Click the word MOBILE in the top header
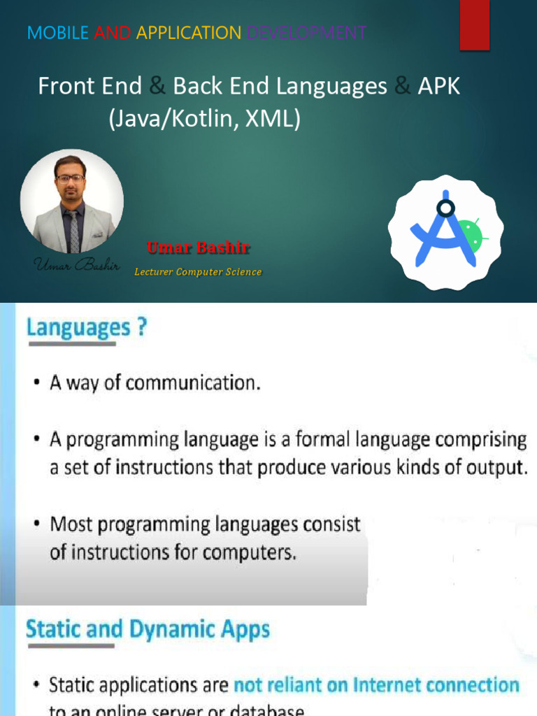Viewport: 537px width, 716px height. (57, 32)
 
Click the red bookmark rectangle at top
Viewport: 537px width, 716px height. (474, 24)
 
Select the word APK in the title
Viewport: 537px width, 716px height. (439, 87)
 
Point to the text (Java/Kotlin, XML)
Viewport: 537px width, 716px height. (204, 119)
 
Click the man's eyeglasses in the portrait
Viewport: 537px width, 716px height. (71, 178)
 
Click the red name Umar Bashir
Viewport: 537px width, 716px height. (199, 248)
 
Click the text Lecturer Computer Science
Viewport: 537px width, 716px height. (198, 272)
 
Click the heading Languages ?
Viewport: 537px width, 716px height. (86, 327)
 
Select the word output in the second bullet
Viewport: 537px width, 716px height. (498, 468)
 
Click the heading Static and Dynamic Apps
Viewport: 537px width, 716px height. (148, 629)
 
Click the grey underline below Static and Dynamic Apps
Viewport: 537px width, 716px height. (70, 646)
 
